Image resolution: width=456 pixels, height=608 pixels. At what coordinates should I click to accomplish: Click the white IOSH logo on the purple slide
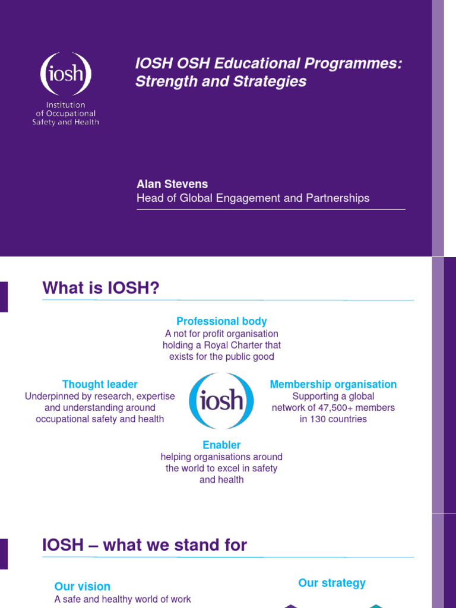coord(65,74)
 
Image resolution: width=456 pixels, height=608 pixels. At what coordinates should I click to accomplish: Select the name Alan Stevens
coord(172,184)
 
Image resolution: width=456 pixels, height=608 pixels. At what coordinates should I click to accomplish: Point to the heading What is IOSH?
coord(101,288)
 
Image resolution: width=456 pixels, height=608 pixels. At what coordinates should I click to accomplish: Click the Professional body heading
coord(221,321)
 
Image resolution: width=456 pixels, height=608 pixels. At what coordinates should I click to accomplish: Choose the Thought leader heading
coord(100,384)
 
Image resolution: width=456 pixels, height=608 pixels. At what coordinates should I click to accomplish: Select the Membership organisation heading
coord(333,384)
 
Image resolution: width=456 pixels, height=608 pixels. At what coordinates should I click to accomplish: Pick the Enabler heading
coord(221,445)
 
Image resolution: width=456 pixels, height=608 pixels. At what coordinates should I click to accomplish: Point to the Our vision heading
coord(82,586)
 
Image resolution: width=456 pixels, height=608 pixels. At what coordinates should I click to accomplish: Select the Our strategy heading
coord(332,582)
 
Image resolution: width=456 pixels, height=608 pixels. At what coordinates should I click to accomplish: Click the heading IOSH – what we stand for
coord(144,545)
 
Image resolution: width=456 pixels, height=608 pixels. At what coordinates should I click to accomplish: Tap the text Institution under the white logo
coord(65,104)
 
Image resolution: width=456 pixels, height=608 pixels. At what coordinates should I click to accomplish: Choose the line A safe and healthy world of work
coord(122,599)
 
